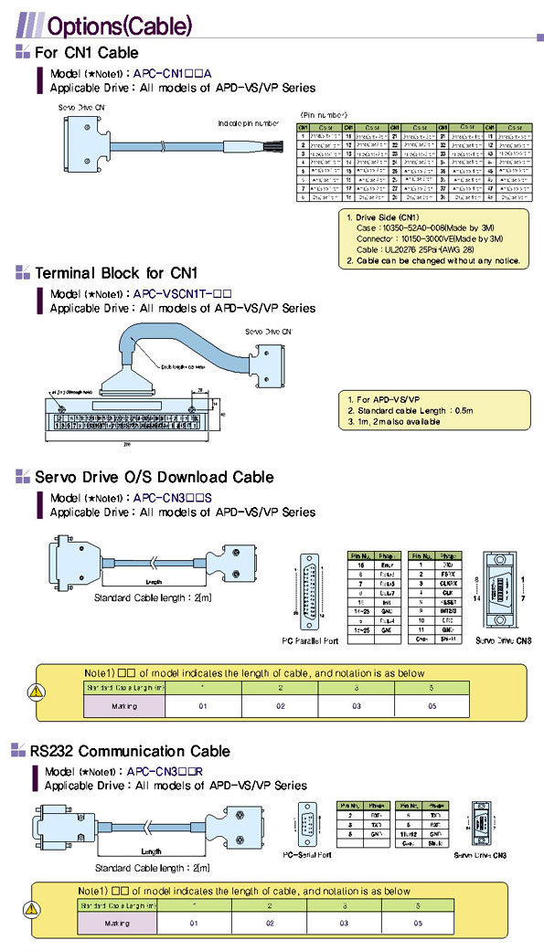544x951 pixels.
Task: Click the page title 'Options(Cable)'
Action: [119, 23]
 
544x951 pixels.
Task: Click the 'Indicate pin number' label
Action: [248, 122]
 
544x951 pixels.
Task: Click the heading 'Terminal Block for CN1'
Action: [116, 272]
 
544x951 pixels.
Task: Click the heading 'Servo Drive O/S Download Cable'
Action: [154, 477]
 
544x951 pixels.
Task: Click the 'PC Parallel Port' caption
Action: [311, 641]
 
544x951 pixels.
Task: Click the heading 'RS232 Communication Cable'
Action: [130, 751]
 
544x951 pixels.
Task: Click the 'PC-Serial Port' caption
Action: [306, 855]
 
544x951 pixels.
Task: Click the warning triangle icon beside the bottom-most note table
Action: [37, 909]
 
